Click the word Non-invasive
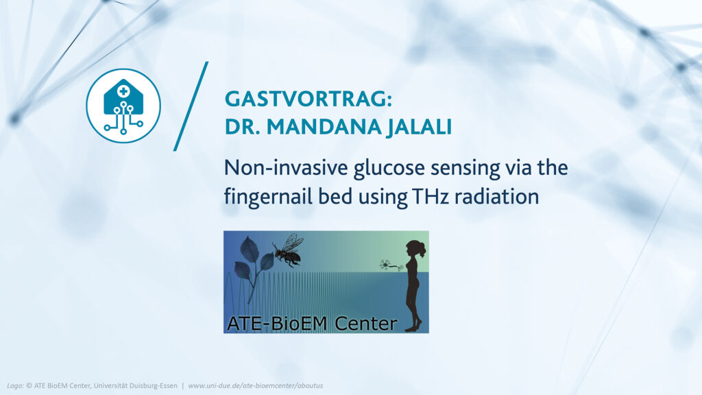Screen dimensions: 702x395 coord(286,167)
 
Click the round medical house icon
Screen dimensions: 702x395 coord(123,106)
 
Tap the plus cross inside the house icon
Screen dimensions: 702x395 coord(123,91)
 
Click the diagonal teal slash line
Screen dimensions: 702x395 coord(191,106)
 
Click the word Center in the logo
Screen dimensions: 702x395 coord(366,324)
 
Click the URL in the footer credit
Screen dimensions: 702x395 coord(255,385)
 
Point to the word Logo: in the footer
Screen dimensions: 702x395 coord(15,385)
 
